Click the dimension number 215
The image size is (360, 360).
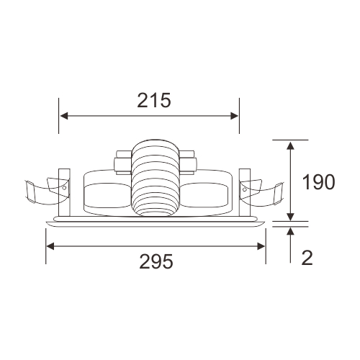(154, 100)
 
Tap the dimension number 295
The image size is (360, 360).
(156, 261)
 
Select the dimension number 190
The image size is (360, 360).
(318, 182)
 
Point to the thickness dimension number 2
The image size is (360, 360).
(307, 258)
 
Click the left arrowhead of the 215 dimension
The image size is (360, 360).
(63, 116)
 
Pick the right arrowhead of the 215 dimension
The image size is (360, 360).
(235, 116)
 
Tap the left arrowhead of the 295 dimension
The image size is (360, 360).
(50, 246)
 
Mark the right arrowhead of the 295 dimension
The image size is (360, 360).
(261, 246)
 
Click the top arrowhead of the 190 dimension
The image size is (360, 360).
(291, 145)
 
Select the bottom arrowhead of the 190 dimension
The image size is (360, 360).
(291, 217)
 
